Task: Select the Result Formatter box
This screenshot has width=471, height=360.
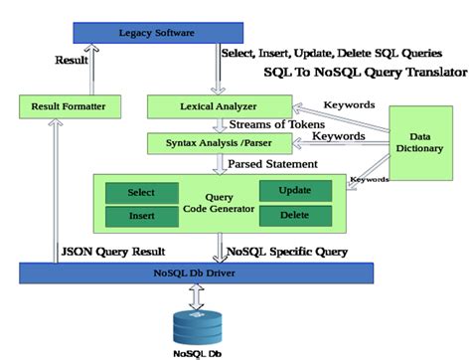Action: click(71, 103)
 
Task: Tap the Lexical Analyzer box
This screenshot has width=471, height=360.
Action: click(219, 103)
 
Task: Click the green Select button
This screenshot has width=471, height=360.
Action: click(142, 191)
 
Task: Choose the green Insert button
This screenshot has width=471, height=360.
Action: click(142, 215)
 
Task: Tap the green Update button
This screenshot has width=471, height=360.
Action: click(296, 189)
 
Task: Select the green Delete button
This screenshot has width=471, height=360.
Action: click(296, 215)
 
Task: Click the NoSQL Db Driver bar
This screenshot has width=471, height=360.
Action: click(195, 272)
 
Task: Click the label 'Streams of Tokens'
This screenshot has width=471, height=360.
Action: click(281, 124)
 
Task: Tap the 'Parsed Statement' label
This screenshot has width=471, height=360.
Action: click(273, 162)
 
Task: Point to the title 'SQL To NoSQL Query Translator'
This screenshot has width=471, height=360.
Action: click(365, 72)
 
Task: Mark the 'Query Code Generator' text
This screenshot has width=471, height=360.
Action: click(219, 203)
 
